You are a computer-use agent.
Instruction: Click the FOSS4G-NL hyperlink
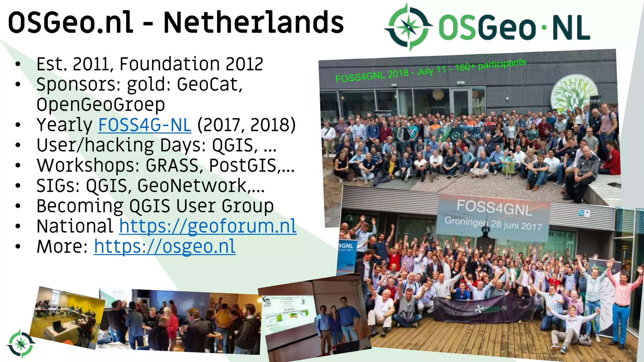145,125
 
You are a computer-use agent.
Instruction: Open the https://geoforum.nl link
208,226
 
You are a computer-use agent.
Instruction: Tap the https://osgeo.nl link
164,246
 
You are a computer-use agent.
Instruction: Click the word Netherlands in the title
253,23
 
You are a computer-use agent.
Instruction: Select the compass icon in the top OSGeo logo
408,27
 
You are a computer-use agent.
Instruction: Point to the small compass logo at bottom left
21,344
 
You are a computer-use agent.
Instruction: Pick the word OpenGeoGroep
101,105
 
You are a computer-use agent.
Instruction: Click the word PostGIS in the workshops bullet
243,166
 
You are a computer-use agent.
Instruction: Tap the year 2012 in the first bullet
244,64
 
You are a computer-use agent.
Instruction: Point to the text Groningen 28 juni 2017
493,223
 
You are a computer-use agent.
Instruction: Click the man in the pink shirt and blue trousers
621,302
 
